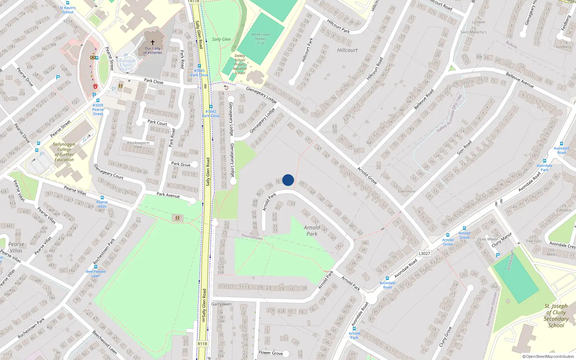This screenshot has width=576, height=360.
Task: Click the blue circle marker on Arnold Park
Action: point(288,180)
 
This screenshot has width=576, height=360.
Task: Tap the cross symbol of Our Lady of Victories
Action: point(152,42)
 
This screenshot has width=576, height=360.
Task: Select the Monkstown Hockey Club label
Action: point(261,39)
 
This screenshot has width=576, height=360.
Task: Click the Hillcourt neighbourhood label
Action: point(347,50)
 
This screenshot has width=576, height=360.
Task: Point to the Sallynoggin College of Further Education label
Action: point(64,152)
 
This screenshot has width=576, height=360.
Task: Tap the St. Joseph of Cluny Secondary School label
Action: point(556,315)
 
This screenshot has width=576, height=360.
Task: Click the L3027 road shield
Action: point(424,253)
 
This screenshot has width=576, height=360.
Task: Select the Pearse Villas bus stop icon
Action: point(102,198)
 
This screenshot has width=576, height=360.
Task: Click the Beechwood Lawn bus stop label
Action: point(96,274)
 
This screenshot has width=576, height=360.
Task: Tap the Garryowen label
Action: point(221,304)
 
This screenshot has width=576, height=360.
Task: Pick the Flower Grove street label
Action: point(270,353)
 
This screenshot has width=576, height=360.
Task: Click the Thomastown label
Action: point(252,237)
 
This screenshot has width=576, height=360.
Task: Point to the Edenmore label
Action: point(406,192)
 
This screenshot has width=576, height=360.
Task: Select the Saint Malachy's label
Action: point(473,32)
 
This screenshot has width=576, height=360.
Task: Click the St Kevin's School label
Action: point(68,10)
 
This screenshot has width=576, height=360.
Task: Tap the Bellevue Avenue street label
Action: point(519,80)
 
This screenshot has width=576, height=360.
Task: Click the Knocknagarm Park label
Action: point(138,145)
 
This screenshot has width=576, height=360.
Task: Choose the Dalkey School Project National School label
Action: point(240,64)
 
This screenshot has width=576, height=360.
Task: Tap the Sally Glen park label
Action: point(221,39)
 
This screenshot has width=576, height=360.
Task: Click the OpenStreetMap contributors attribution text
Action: point(548,356)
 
